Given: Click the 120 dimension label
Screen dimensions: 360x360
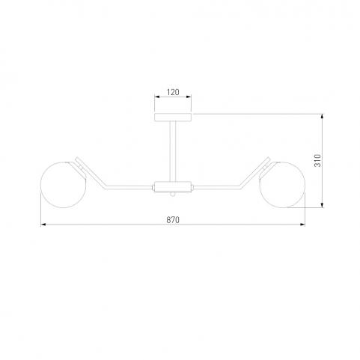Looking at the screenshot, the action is tap(173, 92).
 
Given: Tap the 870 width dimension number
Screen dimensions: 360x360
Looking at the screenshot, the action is tap(173, 220).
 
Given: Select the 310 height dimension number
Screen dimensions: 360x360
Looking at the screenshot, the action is tap(317, 161).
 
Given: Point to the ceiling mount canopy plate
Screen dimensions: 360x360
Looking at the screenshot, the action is tap(173, 117).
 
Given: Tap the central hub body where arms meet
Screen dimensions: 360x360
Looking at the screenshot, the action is tap(173, 187).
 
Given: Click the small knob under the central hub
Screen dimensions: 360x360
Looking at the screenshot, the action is tap(173, 194).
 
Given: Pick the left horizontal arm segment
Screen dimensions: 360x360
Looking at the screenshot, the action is tap(128, 187).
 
